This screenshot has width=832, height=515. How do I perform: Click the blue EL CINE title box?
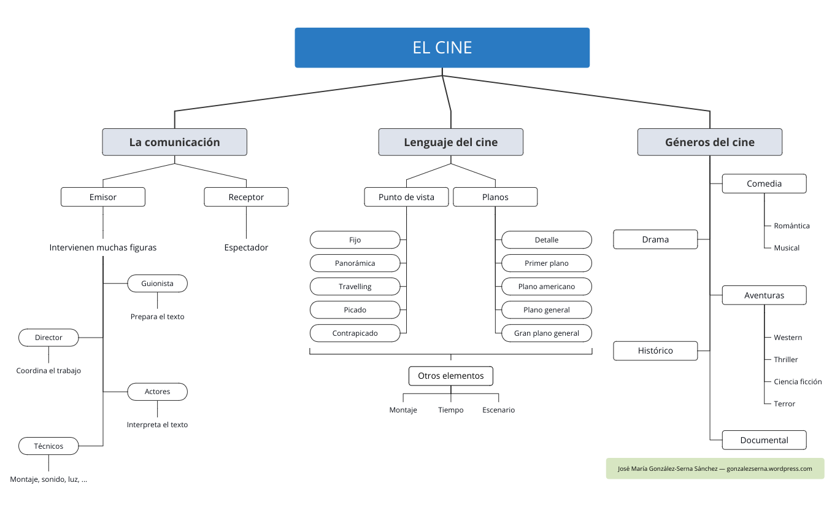(x=442, y=47)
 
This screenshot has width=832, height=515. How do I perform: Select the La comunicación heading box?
(x=174, y=142)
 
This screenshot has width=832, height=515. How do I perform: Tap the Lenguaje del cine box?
(x=450, y=142)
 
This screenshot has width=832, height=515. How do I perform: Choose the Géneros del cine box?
(x=709, y=142)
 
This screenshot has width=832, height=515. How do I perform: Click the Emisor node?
(x=102, y=197)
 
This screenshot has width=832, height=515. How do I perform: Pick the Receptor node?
(x=246, y=197)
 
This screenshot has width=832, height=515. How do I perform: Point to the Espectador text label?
(x=246, y=247)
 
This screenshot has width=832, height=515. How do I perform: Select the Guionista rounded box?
(x=157, y=284)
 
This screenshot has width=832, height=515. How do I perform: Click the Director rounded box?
(x=48, y=338)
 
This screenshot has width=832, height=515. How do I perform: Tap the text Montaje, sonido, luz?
(x=48, y=479)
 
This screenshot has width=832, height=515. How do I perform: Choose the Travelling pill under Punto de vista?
(x=355, y=287)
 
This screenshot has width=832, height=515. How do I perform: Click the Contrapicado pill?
(x=355, y=333)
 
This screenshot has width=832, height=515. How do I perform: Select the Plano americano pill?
(x=546, y=287)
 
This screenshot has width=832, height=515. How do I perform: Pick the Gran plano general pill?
(x=546, y=333)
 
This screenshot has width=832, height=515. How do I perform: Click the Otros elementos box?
(x=450, y=376)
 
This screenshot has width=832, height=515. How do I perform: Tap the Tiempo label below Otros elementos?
(x=450, y=410)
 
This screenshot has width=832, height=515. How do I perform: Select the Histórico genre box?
(x=655, y=350)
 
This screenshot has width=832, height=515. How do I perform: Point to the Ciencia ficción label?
(x=797, y=382)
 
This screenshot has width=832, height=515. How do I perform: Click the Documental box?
(x=764, y=440)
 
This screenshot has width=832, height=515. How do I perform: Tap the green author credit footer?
(x=715, y=468)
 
